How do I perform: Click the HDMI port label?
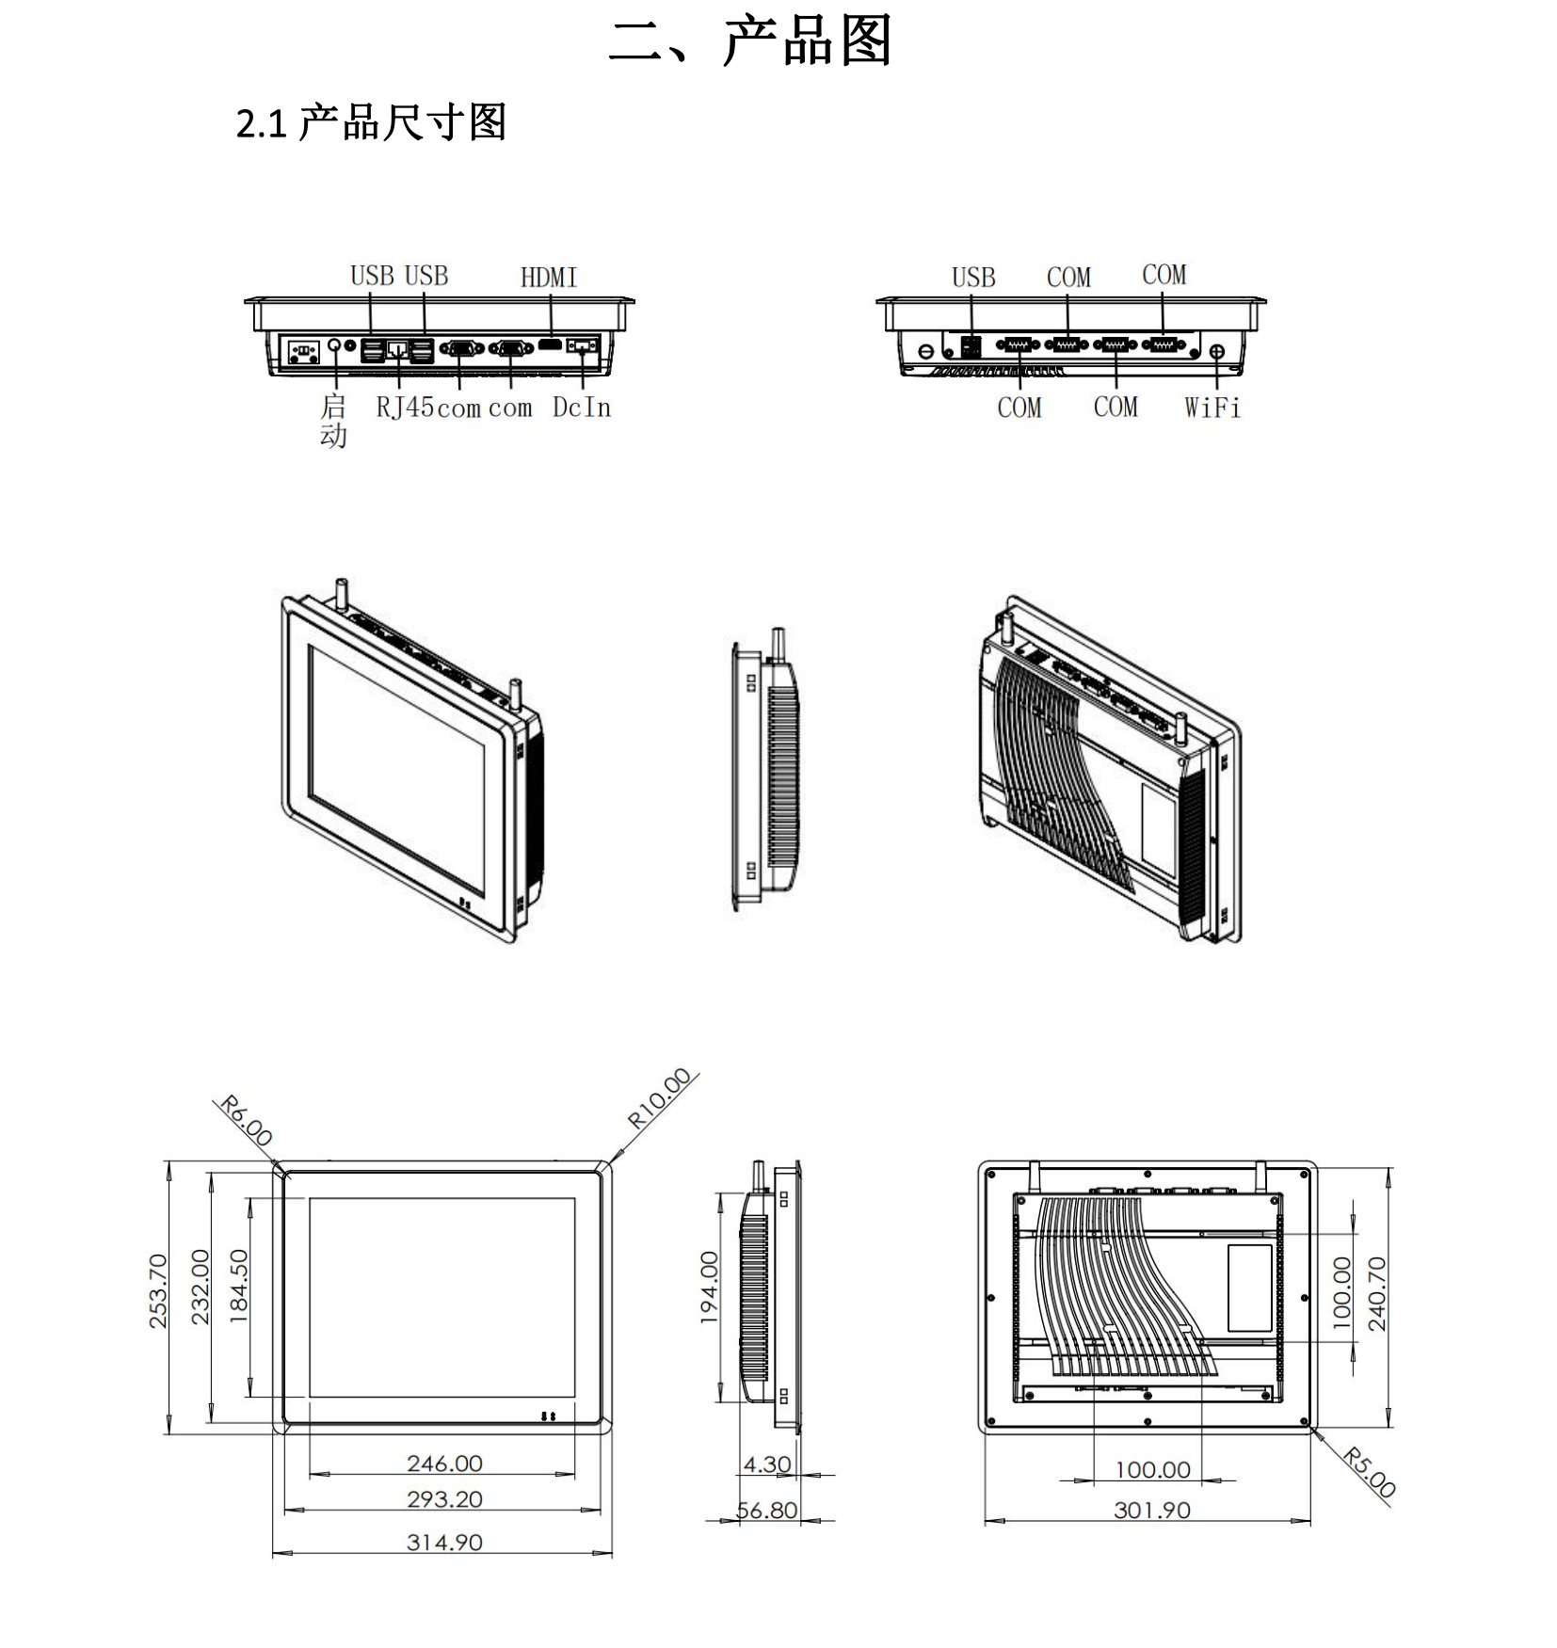(549, 278)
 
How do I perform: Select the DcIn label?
(582, 408)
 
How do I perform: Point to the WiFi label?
(1212, 408)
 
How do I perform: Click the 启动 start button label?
(333, 421)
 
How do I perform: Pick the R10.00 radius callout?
(660, 1098)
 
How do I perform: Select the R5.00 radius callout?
(1369, 1473)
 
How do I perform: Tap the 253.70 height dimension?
(158, 1291)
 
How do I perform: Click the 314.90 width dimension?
(444, 1543)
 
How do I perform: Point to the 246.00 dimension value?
(444, 1464)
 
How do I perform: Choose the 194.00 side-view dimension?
(709, 1288)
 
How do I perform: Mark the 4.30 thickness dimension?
(767, 1464)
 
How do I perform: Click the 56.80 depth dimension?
(767, 1511)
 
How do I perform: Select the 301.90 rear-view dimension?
(1152, 1511)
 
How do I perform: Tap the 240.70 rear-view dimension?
(1377, 1294)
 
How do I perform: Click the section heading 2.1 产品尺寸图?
(371, 123)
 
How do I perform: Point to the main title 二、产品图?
(750, 41)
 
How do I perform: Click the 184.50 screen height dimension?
(239, 1287)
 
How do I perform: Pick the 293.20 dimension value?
(444, 1499)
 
